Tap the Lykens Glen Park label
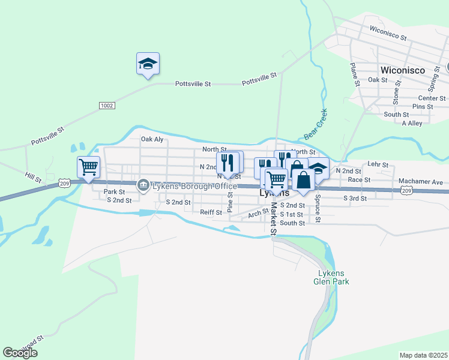[331, 277]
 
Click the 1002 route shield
[107, 105]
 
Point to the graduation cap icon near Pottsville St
[148, 64]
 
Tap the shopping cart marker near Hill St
[88, 167]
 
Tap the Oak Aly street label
[152, 139]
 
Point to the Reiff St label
[211, 212]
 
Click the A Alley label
[412, 123]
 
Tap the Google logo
[20, 353]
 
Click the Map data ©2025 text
[423, 355]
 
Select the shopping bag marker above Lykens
[304, 180]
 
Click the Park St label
[113, 192]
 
